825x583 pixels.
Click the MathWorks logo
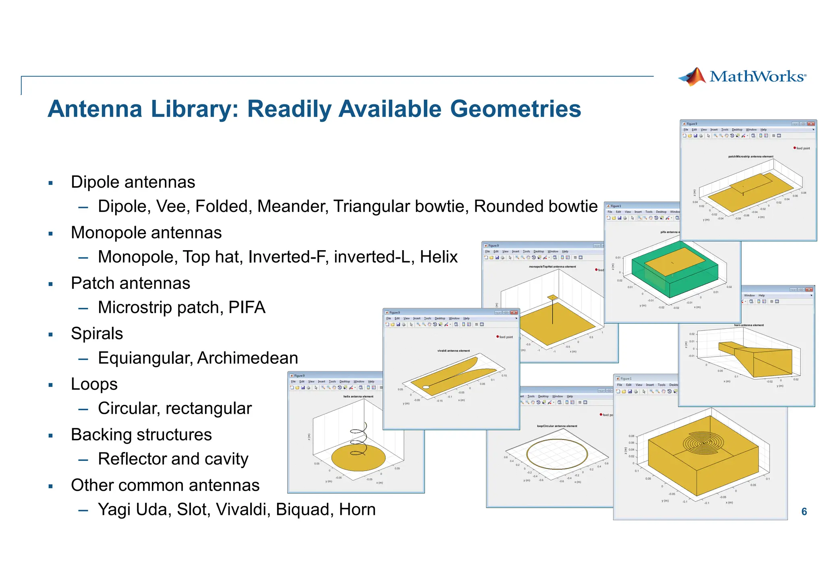click(x=742, y=77)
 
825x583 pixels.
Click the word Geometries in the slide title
click(x=515, y=109)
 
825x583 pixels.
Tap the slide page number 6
click(x=804, y=512)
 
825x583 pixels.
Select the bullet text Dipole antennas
click(x=133, y=182)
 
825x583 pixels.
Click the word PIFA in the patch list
click(x=247, y=307)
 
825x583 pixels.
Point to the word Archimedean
click(x=248, y=358)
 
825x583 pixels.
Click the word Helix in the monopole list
click(x=439, y=257)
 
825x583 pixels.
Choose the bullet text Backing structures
click(x=141, y=435)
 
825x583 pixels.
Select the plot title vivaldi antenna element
click(x=453, y=351)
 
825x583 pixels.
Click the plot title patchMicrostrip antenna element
click(x=750, y=157)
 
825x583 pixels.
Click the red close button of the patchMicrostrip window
click(x=811, y=124)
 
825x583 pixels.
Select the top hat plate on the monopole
click(x=552, y=298)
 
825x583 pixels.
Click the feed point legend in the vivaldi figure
click(x=505, y=337)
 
